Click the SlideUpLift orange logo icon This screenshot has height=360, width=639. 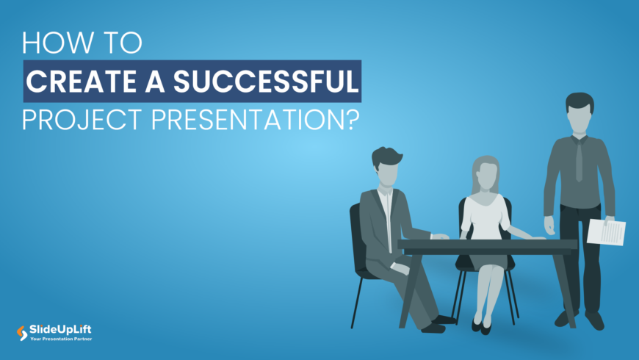[22, 333]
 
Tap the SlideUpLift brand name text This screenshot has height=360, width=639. [59, 330]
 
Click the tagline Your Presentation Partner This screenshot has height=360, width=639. [61, 339]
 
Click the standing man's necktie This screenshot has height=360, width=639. [579, 157]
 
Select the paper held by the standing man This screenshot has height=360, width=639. [607, 232]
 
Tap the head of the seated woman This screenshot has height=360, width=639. [487, 172]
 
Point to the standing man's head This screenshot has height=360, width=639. [580, 113]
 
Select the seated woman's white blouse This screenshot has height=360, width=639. [485, 217]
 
